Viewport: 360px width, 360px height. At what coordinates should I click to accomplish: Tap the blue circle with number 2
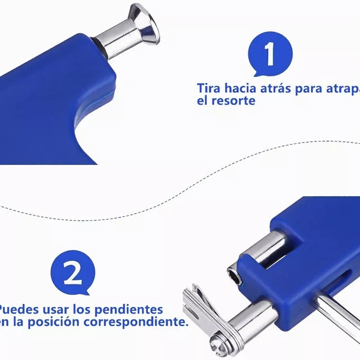tap(73, 272)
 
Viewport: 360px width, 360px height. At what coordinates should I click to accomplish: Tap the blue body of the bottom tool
tap(310, 252)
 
